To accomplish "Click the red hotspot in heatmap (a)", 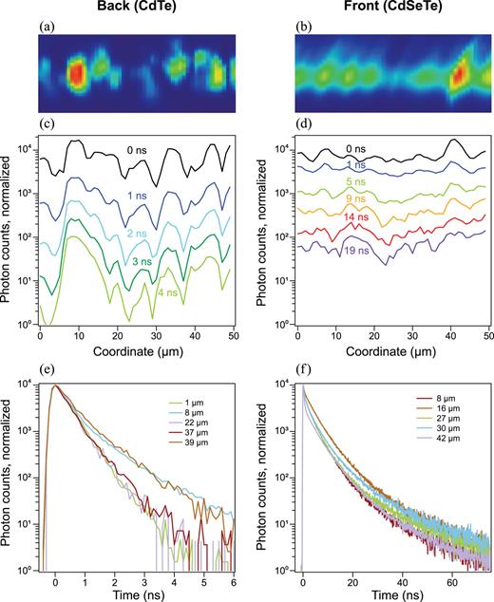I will coord(77,73).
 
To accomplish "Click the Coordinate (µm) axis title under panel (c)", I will coord(132,348).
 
